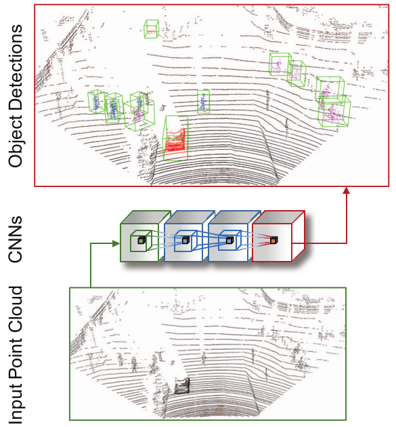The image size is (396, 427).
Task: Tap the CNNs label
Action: click(15, 239)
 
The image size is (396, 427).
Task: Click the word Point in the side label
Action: click(15, 359)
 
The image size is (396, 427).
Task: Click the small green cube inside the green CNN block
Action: click(141, 240)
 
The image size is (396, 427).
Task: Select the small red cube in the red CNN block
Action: click(273, 240)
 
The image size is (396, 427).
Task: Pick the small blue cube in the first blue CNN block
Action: click(185, 240)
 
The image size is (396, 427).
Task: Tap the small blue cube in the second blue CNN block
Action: click(230, 240)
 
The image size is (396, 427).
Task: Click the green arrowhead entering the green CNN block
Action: click(116, 243)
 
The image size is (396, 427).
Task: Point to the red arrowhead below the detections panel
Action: click(346, 190)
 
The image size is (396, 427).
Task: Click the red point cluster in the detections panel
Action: click(175, 142)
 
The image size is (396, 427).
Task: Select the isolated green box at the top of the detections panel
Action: click(152, 29)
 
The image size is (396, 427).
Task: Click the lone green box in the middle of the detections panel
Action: click(204, 102)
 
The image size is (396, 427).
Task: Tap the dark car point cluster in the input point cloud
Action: click(181, 386)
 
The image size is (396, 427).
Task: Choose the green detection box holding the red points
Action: click(176, 138)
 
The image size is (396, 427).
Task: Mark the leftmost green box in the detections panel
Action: click(97, 101)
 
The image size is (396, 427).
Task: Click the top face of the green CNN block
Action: click(146, 217)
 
